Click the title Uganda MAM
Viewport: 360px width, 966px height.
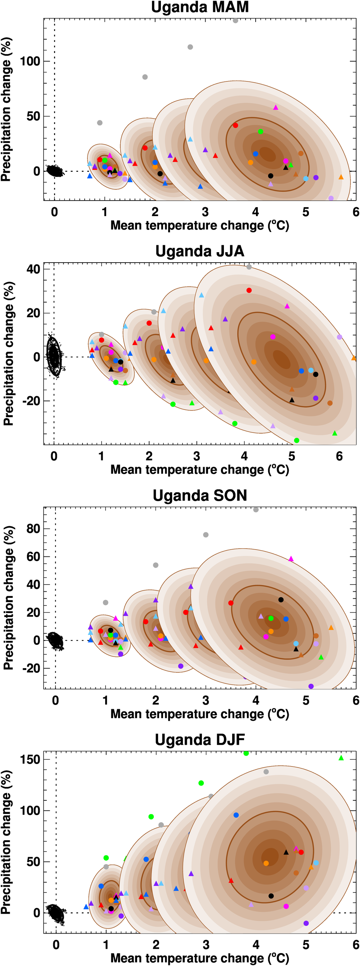pyautogui.click(x=199, y=7)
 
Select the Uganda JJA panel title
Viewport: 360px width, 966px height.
pyautogui.click(x=199, y=251)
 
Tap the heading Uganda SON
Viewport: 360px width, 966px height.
pyautogui.click(x=199, y=495)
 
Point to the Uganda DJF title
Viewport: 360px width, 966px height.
pyautogui.click(x=199, y=740)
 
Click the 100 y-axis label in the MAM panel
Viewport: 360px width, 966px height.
pyautogui.click(x=30, y=61)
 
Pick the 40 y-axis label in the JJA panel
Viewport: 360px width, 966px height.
pyautogui.click(x=33, y=269)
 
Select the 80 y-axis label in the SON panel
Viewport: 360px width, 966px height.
pyautogui.click(x=33, y=529)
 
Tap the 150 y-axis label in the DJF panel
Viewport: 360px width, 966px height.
pyautogui.click(x=30, y=759)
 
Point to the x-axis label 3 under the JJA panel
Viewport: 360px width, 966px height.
pyautogui.click(x=197, y=456)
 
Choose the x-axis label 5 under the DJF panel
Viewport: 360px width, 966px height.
pyautogui.click(x=306, y=945)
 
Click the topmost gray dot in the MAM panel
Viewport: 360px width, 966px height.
pyautogui.click(x=235, y=21)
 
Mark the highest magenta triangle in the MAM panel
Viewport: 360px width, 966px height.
pyautogui.click(x=276, y=108)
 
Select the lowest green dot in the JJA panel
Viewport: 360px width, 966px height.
pyautogui.click(x=297, y=440)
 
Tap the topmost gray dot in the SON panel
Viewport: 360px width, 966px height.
pyautogui.click(x=256, y=510)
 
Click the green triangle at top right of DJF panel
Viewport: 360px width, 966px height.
pyautogui.click(x=341, y=758)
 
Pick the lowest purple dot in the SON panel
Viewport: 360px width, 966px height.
pyautogui.click(x=311, y=686)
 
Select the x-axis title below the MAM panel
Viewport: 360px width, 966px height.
pyautogui.click(x=199, y=226)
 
